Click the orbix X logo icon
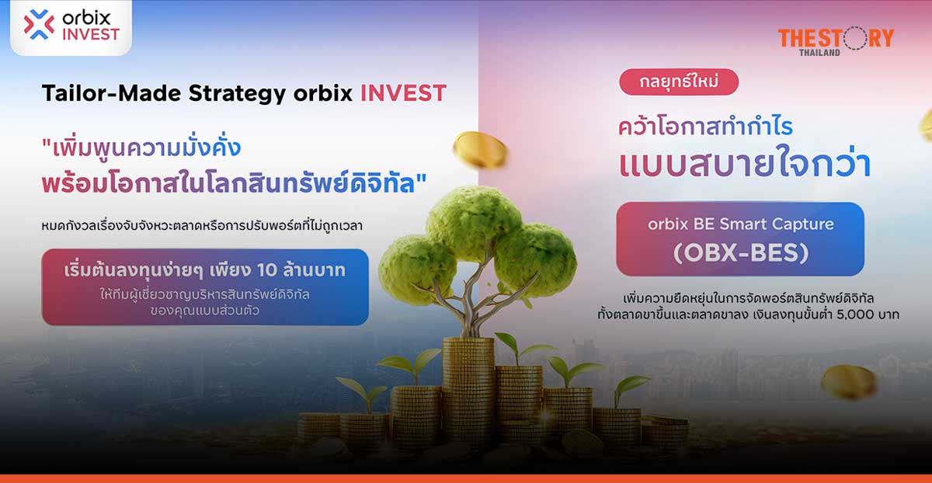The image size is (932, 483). [x=39, y=25]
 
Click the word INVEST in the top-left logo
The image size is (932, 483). [x=92, y=34]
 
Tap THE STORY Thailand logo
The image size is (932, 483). [x=835, y=40]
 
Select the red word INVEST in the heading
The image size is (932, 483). [x=403, y=94]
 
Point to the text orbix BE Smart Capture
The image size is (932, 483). [x=739, y=224]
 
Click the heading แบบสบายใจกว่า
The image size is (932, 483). [x=745, y=166]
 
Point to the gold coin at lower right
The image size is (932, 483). [x=849, y=382]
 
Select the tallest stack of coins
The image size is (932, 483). [x=468, y=388]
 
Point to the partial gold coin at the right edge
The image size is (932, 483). [x=926, y=124]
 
